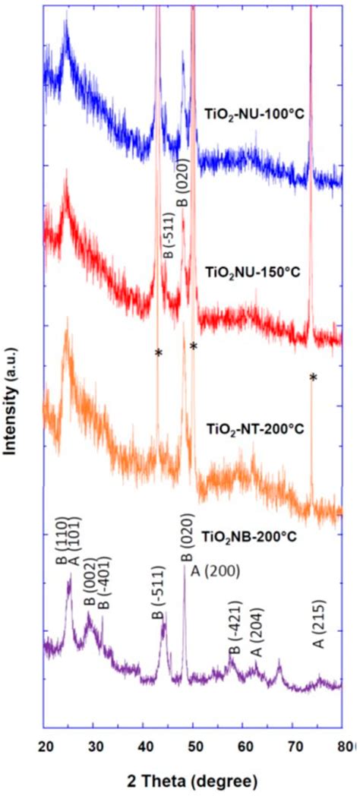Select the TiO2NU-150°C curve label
pos(256,270)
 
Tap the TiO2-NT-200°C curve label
pos(255,428)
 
